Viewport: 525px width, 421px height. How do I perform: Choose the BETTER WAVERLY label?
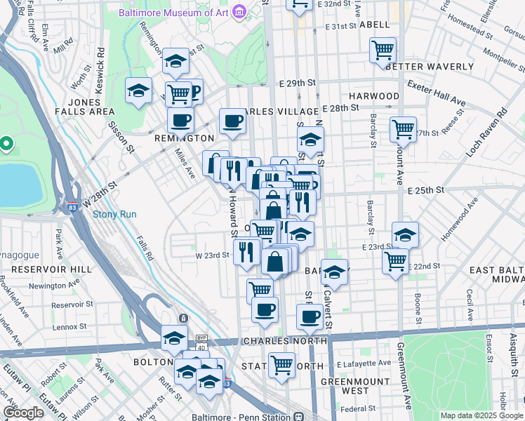430,67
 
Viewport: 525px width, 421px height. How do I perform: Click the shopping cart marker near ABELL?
383,50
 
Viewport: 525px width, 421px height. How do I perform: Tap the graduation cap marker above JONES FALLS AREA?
138,91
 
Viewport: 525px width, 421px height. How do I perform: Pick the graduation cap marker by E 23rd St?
405,234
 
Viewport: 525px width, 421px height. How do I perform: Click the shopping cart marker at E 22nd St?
395,260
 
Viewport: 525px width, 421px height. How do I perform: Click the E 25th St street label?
426,190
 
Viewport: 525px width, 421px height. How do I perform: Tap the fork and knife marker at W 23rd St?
246,251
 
